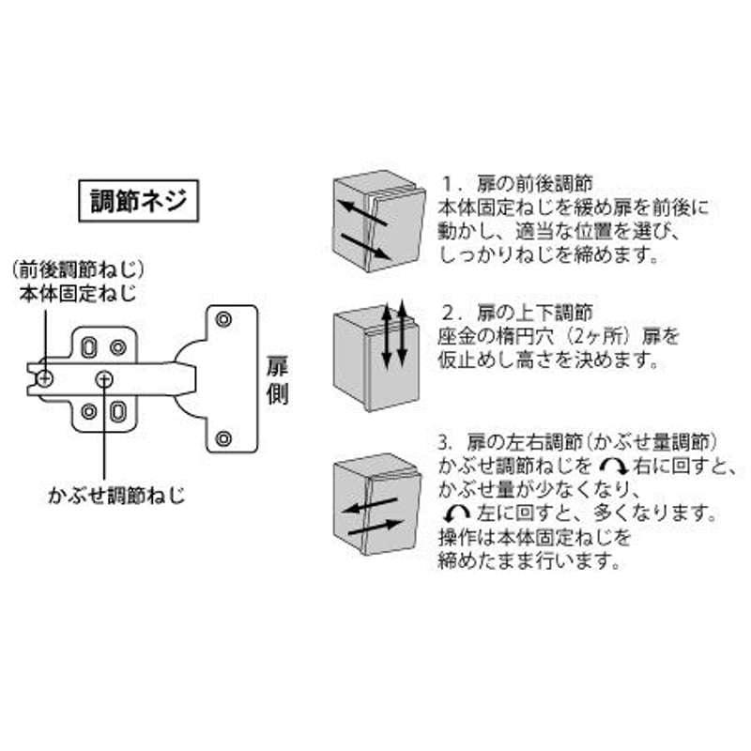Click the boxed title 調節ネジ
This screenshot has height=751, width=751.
[138, 201]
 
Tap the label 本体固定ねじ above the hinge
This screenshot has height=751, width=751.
[78, 293]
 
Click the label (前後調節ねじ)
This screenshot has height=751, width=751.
[78, 271]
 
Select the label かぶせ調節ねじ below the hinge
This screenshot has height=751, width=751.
[116, 496]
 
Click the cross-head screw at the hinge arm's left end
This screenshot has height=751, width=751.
[45, 379]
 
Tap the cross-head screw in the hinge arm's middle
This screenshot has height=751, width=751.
[104, 380]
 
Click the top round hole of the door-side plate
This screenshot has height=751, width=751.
[223, 319]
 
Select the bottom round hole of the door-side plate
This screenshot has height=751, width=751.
[223, 438]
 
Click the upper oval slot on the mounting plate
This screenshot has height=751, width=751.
[88, 347]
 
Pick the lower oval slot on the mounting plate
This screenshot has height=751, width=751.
[118, 411]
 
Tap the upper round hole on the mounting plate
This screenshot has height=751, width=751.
[118, 347]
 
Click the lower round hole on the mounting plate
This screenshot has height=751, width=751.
[88, 411]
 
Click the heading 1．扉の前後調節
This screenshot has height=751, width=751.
[518, 183]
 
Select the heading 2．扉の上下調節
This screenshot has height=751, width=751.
[518, 313]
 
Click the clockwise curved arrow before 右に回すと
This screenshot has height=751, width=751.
[614, 466]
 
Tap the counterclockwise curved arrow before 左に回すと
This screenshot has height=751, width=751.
[456, 513]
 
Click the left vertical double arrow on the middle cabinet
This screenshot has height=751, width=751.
[386, 337]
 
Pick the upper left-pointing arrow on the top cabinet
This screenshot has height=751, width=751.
[362, 213]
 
